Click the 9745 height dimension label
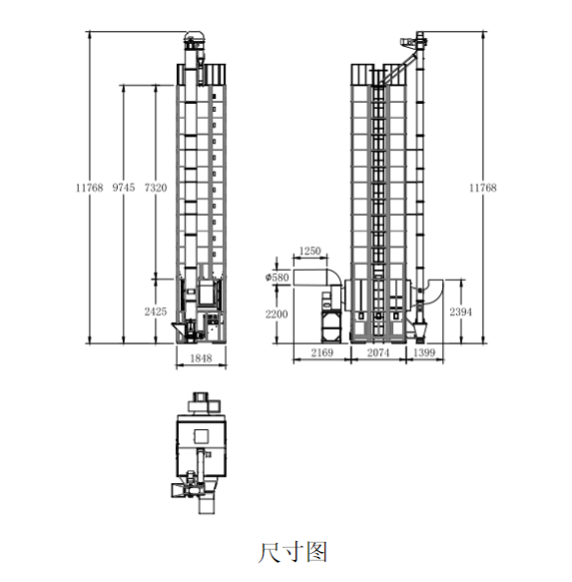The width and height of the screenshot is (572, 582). click(124, 188)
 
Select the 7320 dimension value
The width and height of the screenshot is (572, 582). click(156, 188)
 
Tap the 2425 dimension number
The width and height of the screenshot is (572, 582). click(156, 311)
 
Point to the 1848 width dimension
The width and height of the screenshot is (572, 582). click(201, 358)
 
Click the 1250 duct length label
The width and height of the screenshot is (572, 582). click(309, 252)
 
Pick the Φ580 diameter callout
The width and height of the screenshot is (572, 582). click(277, 278)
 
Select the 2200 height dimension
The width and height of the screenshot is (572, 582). click(277, 314)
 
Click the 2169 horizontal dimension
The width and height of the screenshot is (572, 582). click(322, 352)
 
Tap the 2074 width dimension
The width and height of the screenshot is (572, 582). click(378, 352)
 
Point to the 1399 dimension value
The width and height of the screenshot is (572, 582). click(424, 352)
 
